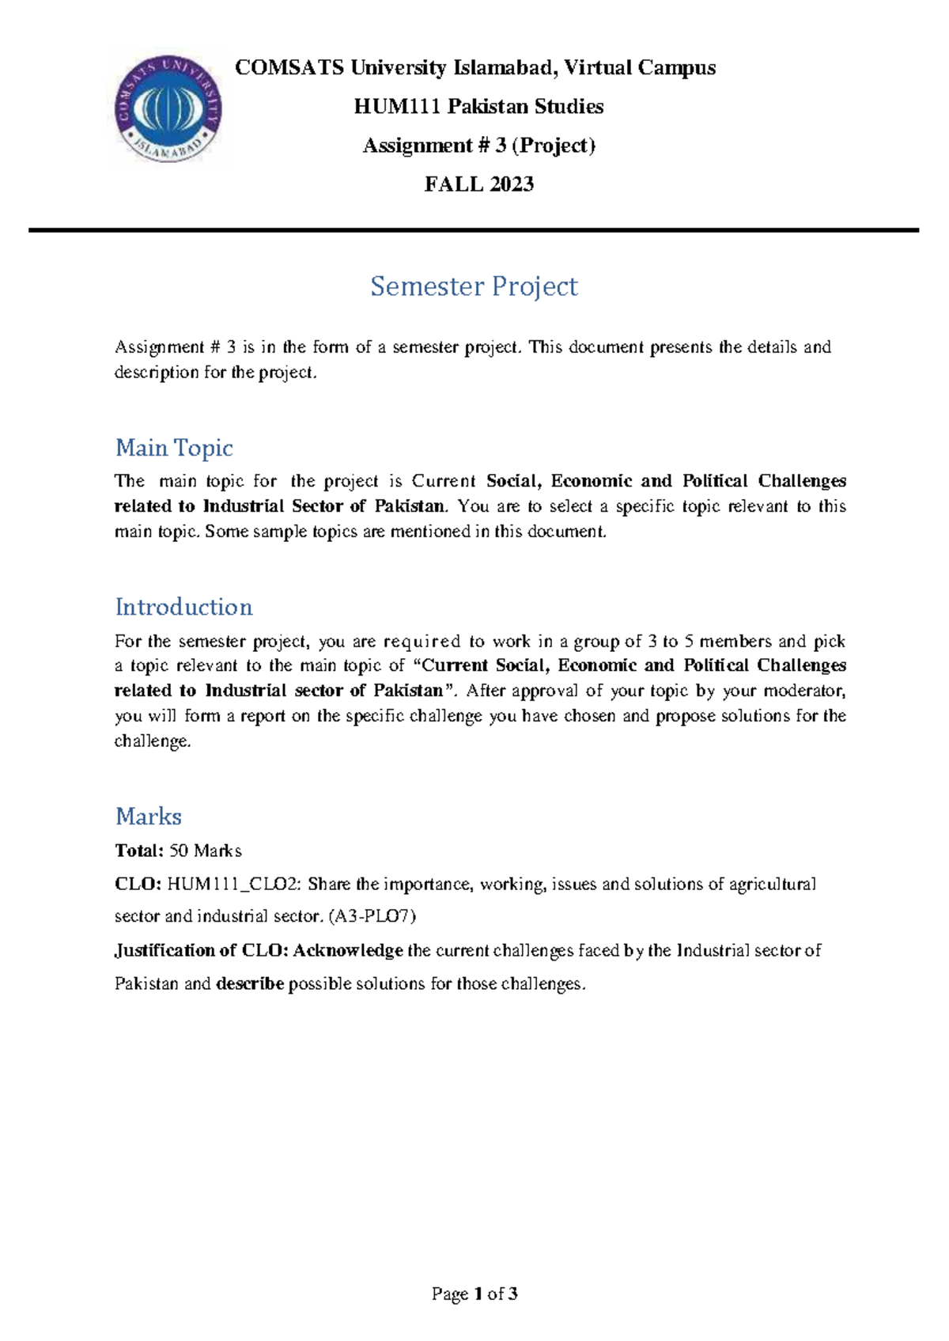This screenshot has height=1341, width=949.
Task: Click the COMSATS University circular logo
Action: click(x=168, y=109)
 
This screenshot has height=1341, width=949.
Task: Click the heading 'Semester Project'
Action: click(x=474, y=286)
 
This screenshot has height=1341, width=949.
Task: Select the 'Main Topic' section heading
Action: click(x=174, y=448)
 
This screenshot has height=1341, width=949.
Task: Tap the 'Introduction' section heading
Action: click(x=183, y=607)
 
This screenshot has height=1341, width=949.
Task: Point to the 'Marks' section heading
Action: click(x=149, y=816)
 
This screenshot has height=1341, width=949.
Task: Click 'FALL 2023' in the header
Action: click(x=479, y=184)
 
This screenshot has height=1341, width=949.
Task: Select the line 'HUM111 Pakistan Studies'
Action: click(x=478, y=107)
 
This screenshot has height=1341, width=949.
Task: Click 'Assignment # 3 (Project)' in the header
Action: click(x=478, y=146)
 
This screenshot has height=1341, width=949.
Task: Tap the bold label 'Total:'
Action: click(x=139, y=851)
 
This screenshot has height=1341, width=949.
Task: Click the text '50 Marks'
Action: click(x=206, y=851)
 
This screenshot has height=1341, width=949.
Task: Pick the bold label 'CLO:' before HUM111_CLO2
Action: click(x=138, y=885)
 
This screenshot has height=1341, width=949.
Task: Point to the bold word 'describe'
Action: click(x=250, y=984)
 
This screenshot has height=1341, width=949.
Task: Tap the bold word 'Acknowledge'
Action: click(x=348, y=950)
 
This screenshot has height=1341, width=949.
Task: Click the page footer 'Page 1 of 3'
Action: click(x=475, y=1294)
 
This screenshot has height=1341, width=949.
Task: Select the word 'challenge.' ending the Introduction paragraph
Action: click(x=153, y=741)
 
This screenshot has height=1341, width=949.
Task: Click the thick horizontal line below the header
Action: click(x=474, y=230)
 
